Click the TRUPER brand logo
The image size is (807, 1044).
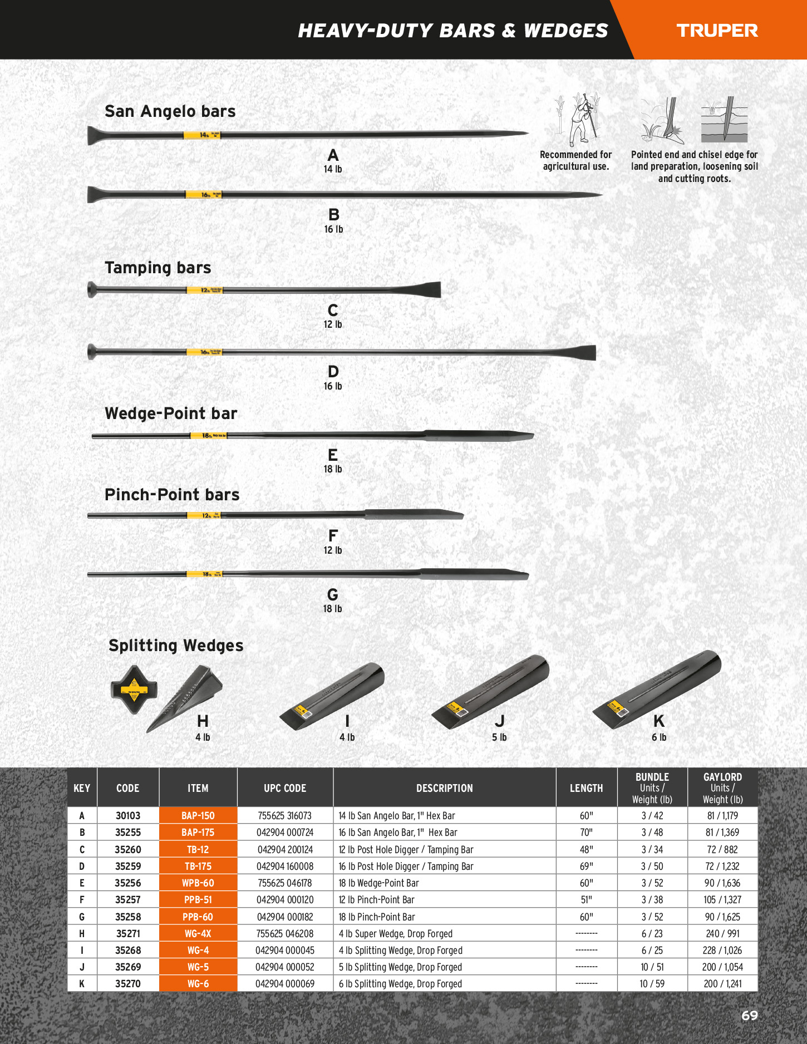coord(717,31)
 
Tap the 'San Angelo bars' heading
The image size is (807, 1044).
coord(170,111)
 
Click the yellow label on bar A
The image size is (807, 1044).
coord(202,135)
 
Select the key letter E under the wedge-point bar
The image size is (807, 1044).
coord(333,455)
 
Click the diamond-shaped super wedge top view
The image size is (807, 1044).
coord(134,689)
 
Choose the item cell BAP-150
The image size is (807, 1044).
coord(198,816)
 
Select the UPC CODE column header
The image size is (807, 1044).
coord(285,788)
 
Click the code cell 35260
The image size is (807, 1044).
coord(128,850)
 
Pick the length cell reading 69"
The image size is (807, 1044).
coord(586,866)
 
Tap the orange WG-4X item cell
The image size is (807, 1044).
coord(198,934)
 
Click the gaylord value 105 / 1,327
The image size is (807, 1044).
coord(722,900)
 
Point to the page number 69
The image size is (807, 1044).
coord(749,1016)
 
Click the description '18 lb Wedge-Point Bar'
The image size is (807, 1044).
coord(378,883)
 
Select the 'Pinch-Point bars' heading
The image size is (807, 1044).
coord(172,495)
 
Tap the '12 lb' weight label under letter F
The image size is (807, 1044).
coord(333,550)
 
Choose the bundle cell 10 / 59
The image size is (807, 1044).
coord(652,984)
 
